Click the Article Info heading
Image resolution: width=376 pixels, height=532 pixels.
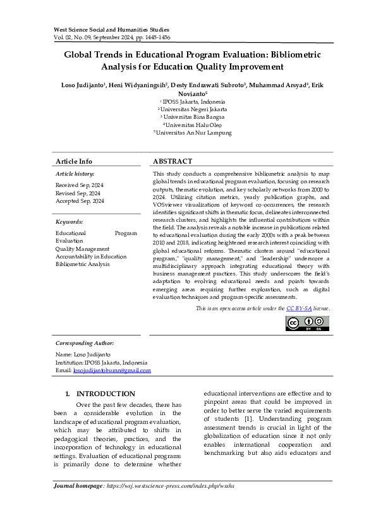coord(74,161)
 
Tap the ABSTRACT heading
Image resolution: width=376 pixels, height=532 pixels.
coord(173,161)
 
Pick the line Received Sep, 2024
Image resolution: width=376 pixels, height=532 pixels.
coord(80,184)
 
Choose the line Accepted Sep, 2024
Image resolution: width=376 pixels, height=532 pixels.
coord(80,201)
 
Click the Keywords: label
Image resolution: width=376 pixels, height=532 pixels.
coord(70,222)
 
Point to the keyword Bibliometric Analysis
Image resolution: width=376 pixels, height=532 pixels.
coord(83,264)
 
